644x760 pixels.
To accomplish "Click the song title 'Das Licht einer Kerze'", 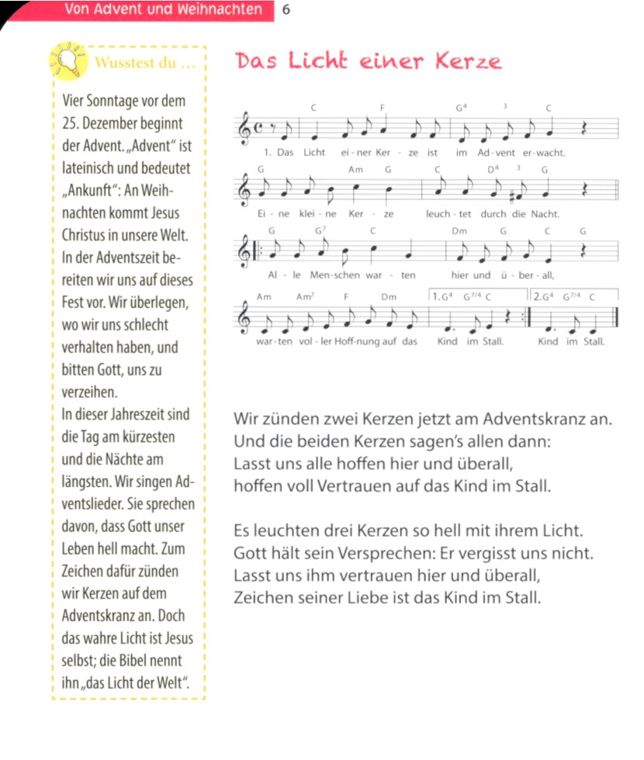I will tap(369, 62).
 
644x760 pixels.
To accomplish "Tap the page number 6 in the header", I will tap(287, 10).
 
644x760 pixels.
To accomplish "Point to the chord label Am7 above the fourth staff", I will tap(304, 297).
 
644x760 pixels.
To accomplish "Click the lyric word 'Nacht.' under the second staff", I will tap(545, 213).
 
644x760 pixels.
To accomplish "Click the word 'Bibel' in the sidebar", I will tap(133, 661).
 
